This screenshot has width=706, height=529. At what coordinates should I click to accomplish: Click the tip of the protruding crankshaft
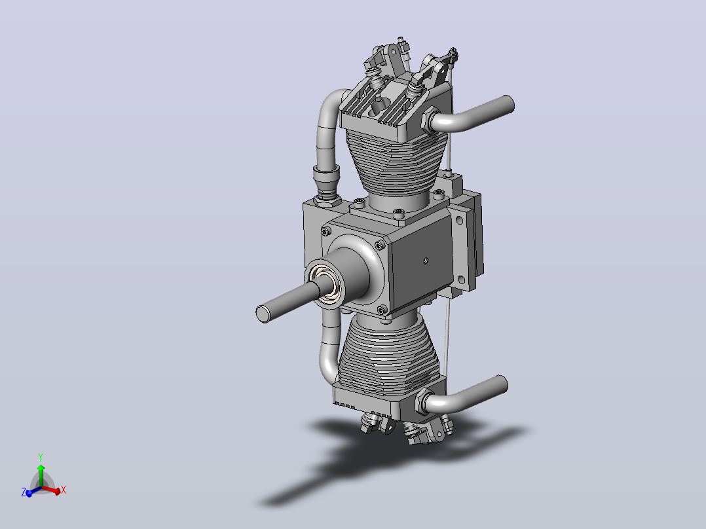point(263,314)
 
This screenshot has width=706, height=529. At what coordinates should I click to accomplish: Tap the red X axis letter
point(64,490)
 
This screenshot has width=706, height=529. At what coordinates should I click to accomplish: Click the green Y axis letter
point(41,458)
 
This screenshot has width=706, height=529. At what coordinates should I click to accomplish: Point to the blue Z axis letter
point(24,492)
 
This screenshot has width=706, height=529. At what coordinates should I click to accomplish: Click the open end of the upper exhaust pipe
point(508,105)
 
